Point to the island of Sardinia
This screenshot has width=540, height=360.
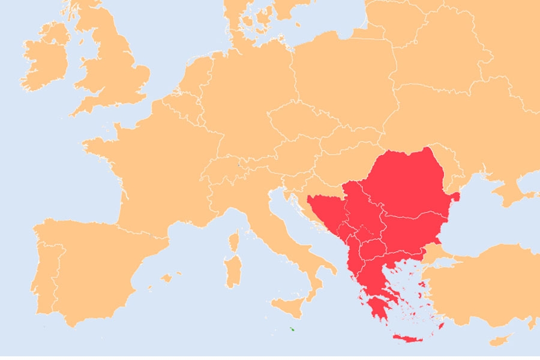(232, 269)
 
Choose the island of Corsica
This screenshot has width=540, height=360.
(235, 241)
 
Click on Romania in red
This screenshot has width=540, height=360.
(408, 183)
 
